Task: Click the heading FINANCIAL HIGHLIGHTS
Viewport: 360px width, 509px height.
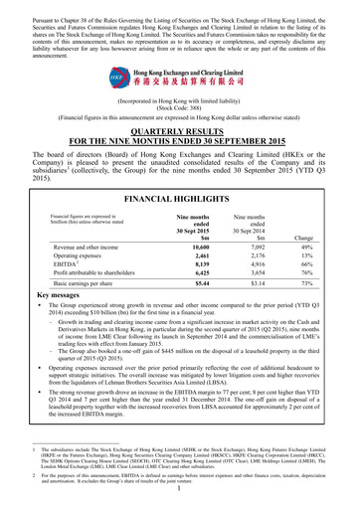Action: point(179,199)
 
